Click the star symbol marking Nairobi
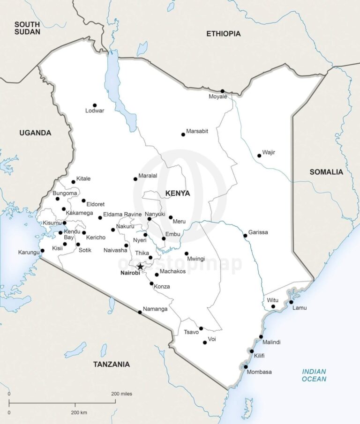[x=140, y=267]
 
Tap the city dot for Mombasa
[x=246, y=367]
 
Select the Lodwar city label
[x=95, y=111]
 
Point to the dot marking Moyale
[x=223, y=91]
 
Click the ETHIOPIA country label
[x=224, y=34]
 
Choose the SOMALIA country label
[x=326, y=172]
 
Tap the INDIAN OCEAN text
[x=314, y=375]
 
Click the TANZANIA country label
[x=111, y=364]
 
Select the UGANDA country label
[x=35, y=133]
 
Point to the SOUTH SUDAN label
[x=27, y=28]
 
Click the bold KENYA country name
[x=178, y=193]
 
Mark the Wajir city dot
[x=259, y=156]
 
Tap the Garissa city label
[x=258, y=232]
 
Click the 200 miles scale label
[x=121, y=394]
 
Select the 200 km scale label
[x=79, y=412]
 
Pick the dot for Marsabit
[x=183, y=134]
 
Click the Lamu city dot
[x=291, y=302]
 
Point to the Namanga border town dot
[x=140, y=312]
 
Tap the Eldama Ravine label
[x=122, y=214]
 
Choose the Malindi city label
[x=271, y=342]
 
